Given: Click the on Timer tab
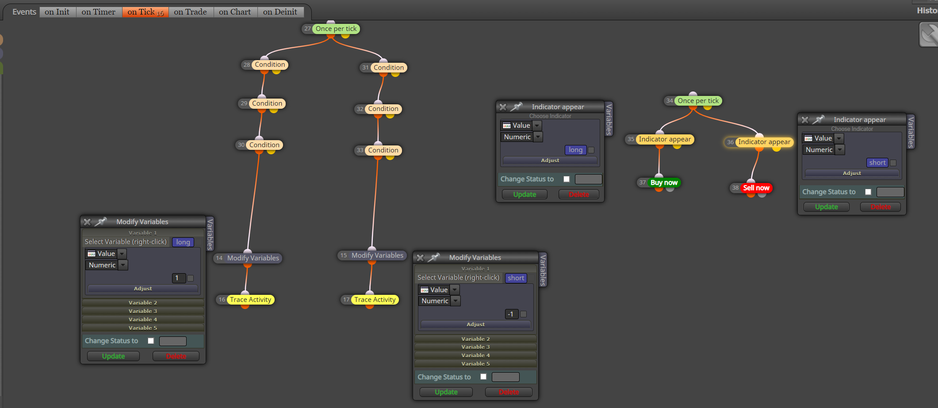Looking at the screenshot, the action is coord(98,12).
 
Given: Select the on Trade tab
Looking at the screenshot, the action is coord(190,12).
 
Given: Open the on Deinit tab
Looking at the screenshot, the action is coord(280,12).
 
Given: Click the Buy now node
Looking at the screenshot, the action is coord(664,183).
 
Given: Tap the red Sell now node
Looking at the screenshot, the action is coord(756,188).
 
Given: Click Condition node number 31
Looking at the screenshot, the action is coord(389,68).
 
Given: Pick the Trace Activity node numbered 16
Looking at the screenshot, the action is coord(250,300).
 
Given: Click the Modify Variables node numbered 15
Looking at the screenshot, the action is coord(377,255).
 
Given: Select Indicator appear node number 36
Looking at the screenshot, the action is coord(764,142).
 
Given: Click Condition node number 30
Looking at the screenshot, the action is coord(264,145).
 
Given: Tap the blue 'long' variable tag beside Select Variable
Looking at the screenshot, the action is coord(183,242).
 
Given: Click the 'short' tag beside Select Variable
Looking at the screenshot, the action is coord(516,278).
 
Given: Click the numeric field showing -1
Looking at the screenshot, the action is coord(511,314).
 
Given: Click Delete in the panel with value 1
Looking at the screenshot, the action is coord(176,356).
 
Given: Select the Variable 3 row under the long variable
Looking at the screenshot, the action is coord(143,311).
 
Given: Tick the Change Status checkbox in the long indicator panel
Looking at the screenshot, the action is coord(567,179).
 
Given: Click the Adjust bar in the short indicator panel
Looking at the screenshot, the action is coord(852,173).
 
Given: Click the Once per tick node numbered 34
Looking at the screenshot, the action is coord(698,101).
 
